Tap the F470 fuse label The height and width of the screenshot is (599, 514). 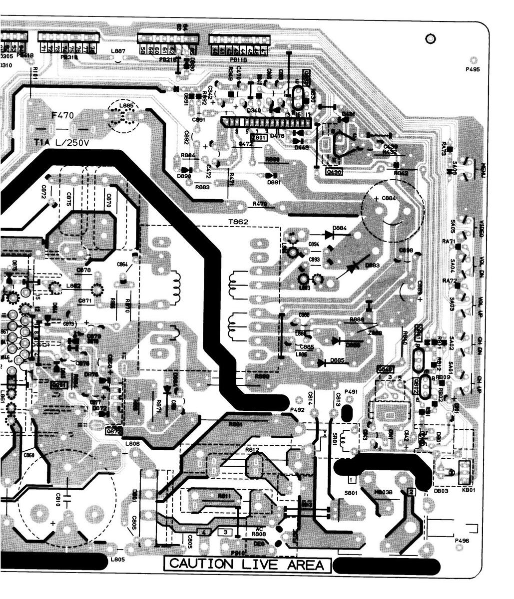(x=63, y=116)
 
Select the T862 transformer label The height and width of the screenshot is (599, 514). (x=238, y=221)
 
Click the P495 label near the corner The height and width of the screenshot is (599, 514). (x=472, y=70)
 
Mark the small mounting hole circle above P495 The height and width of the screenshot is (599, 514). (x=430, y=38)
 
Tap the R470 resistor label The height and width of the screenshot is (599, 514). (x=260, y=204)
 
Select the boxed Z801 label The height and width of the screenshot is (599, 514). (x=259, y=137)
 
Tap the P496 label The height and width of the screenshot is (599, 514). (x=462, y=541)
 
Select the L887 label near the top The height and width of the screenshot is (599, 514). (x=118, y=51)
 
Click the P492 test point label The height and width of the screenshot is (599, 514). (x=298, y=410)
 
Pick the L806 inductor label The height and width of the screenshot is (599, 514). (x=132, y=443)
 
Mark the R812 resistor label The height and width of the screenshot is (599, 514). (x=252, y=450)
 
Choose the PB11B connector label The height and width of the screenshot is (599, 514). (x=238, y=60)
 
